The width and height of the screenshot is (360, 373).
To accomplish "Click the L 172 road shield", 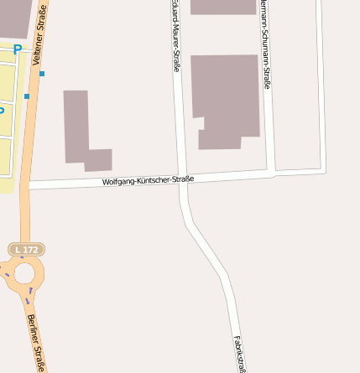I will [26, 250].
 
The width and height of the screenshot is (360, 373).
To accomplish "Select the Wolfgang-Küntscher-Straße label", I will [148, 180].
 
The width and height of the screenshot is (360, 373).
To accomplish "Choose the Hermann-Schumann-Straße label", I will [265, 38].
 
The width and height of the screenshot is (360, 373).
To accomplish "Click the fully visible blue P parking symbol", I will [18, 50].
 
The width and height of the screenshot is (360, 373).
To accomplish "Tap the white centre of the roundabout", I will [23, 272].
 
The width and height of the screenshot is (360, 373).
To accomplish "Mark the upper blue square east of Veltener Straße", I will [42, 74].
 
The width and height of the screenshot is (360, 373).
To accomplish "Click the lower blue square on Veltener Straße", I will [27, 96].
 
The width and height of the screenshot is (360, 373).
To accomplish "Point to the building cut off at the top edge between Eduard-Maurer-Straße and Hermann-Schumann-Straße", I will [222, 7].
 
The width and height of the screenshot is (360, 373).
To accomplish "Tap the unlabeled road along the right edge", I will [321, 84].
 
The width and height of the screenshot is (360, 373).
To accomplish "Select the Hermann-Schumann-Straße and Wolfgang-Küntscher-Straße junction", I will [271, 174].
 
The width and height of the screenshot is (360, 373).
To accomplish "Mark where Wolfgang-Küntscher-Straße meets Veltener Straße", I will [29, 184].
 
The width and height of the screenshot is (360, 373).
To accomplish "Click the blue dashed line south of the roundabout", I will [30, 296].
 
